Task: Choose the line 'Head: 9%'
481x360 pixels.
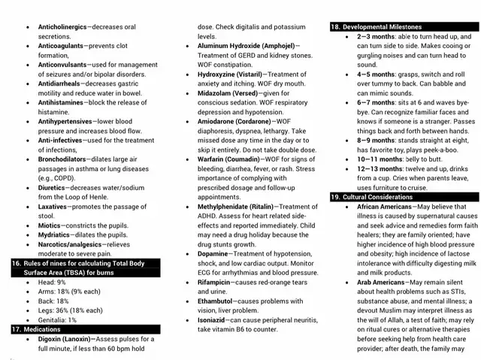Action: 52,282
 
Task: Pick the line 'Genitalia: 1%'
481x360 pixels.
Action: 57,319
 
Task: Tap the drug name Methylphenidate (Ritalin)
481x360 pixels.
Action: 237,206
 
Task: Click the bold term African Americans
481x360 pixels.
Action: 384,206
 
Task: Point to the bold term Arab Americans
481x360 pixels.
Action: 380,282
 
